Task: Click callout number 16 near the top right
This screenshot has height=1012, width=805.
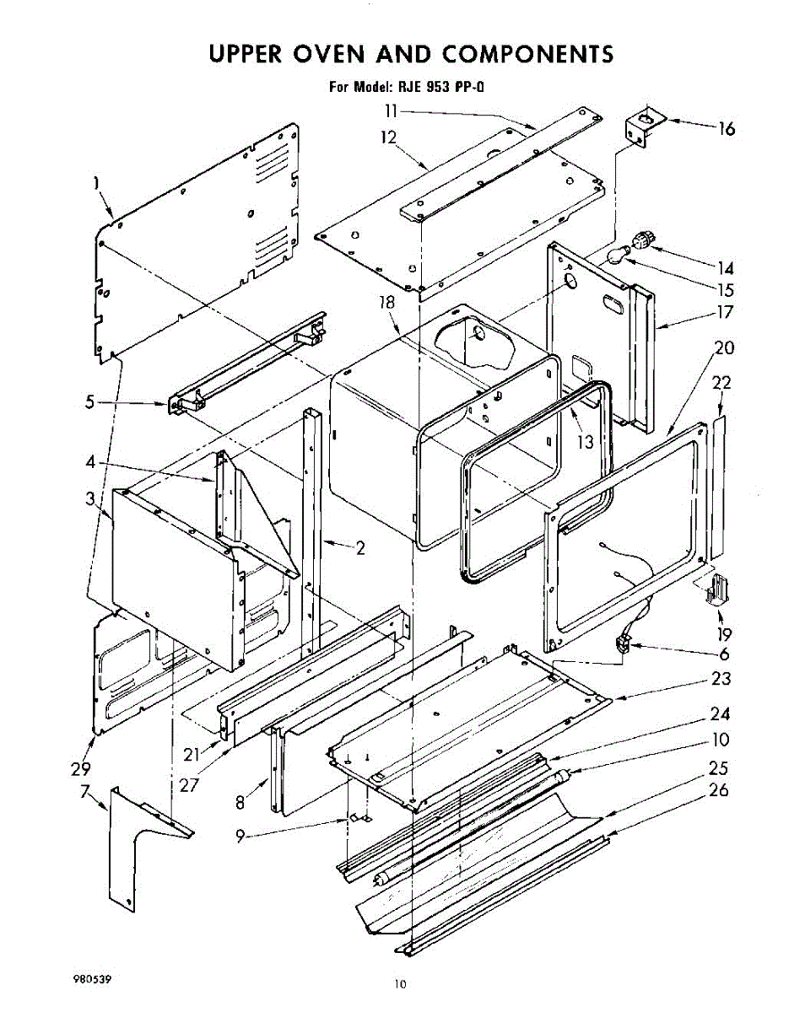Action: coord(726,129)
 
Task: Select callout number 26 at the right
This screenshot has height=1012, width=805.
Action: coord(718,791)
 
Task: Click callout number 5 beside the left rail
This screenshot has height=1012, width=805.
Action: coord(93,402)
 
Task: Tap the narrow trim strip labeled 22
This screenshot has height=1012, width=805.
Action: coord(718,489)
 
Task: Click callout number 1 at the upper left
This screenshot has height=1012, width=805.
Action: coord(96,181)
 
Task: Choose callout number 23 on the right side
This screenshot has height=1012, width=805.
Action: coord(721,678)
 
